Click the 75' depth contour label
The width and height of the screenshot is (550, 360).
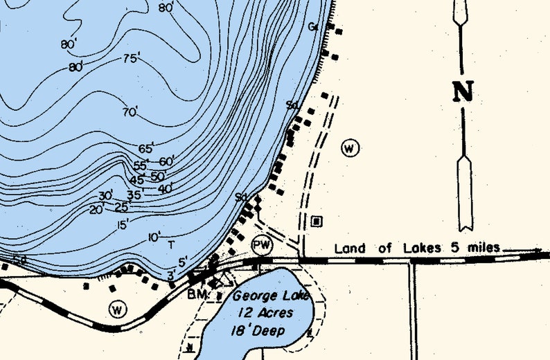(x=131, y=59)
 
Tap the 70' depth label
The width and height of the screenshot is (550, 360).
(x=130, y=111)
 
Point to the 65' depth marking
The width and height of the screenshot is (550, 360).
(x=146, y=149)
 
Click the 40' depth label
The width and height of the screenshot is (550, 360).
(x=165, y=188)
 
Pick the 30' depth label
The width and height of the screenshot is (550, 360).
(x=105, y=196)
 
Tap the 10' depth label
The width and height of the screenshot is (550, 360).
(x=154, y=237)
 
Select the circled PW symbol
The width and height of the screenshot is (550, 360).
(x=261, y=245)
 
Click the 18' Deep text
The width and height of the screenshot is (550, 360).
(x=259, y=330)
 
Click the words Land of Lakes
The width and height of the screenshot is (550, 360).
(x=374, y=249)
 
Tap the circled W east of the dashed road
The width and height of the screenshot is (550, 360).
(x=351, y=147)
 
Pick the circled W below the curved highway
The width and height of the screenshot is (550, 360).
(x=118, y=309)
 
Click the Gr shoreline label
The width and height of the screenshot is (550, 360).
(x=313, y=27)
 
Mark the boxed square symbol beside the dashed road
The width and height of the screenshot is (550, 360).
(x=317, y=221)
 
